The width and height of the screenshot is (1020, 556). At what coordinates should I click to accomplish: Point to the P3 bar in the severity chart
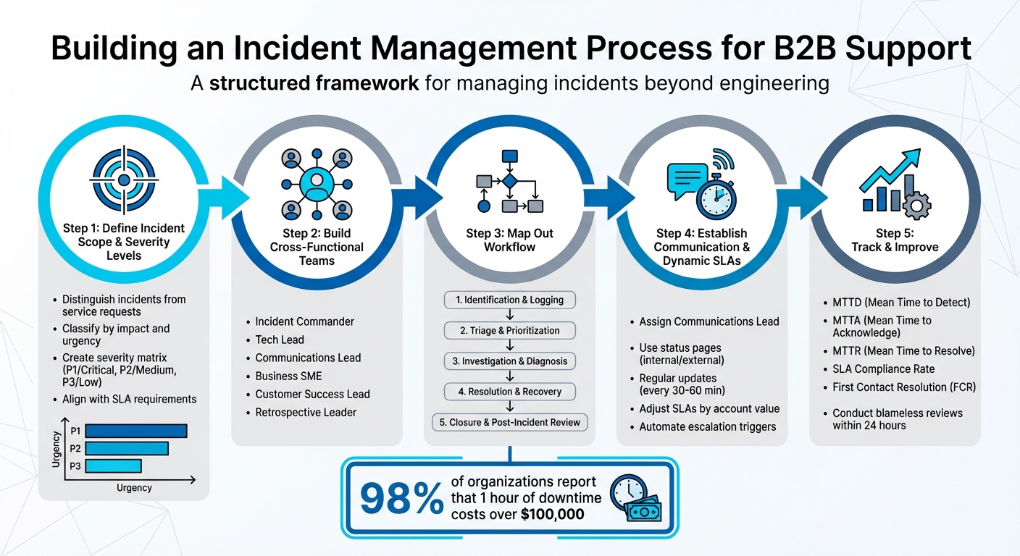tap(112, 466)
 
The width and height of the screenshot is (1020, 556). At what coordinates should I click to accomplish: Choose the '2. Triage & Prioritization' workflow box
tap(510, 330)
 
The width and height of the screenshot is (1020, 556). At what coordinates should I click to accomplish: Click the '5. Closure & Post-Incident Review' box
tap(510, 422)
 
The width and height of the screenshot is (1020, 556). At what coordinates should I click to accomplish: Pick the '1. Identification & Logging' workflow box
tap(510, 300)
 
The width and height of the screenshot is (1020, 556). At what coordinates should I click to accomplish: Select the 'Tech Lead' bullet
tap(280, 340)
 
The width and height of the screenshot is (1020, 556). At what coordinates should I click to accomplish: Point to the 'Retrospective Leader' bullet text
tap(306, 412)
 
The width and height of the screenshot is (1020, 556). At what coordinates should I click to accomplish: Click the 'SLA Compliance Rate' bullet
tap(884, 369)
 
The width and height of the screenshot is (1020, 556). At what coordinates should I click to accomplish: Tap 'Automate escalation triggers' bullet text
tap(707, 426)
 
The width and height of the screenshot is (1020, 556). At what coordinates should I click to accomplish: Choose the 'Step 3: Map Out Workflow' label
tap(510, 240)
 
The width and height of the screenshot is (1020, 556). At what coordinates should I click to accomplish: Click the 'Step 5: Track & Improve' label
tap(895, 240)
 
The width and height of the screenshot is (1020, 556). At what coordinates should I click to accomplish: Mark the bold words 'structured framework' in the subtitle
tap(314, 83)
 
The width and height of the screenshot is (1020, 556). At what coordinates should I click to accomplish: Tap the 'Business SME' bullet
tap(288, 376)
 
